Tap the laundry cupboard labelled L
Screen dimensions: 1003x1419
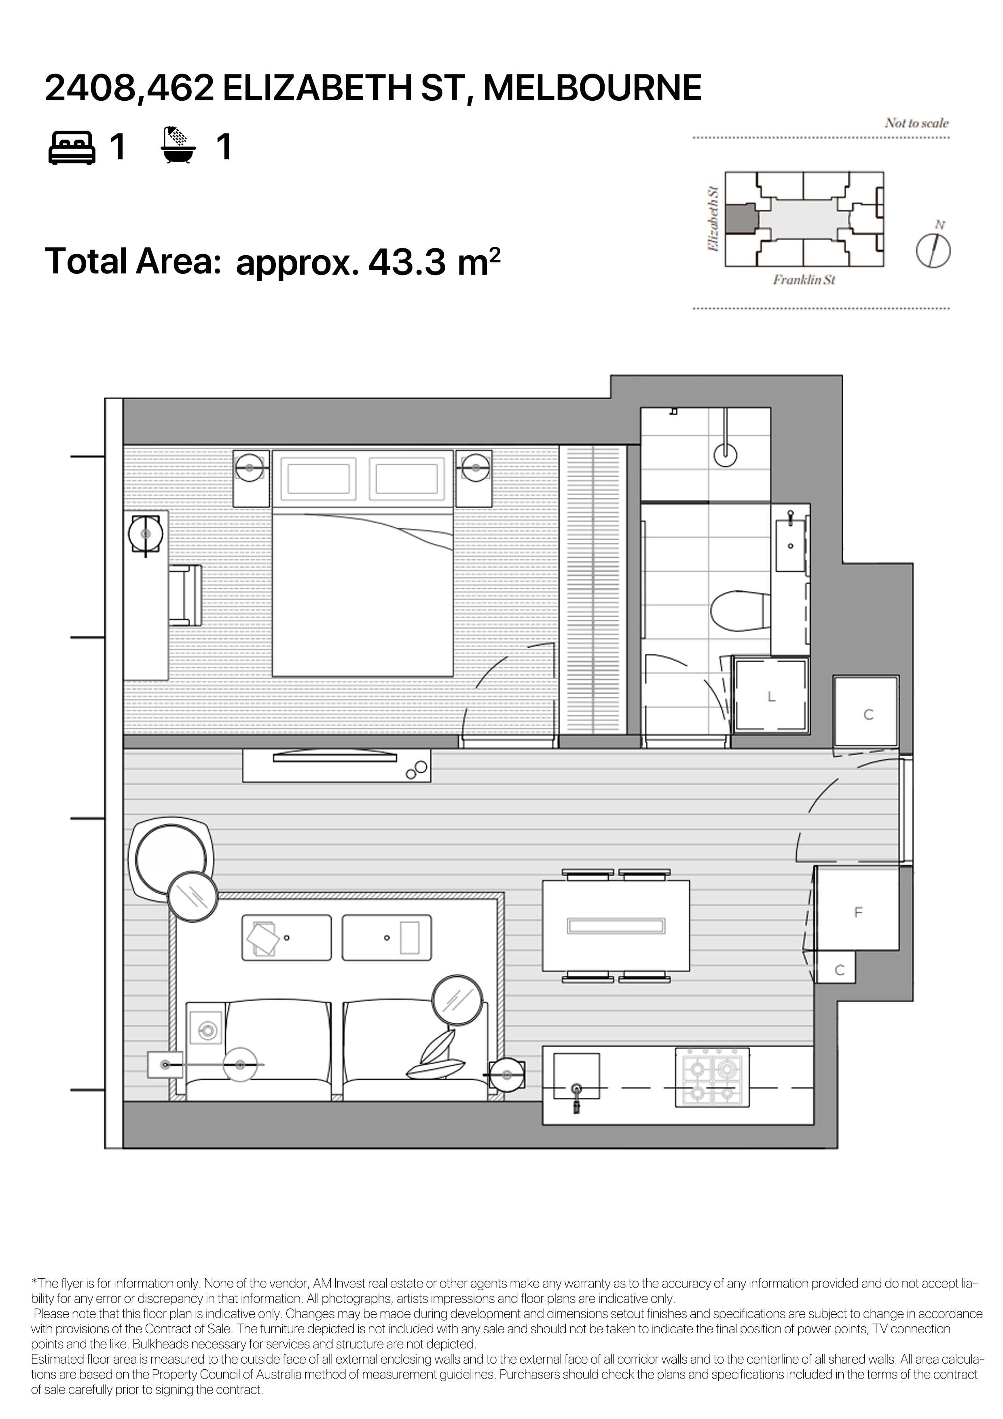(x=770, y=695)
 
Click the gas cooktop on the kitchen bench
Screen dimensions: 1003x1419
(x=712, y=1077)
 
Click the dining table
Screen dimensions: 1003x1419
(x=616, y=926)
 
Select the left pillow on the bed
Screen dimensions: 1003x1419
(x=319, y=479)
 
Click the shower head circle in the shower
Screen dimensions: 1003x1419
(x=725, y=455)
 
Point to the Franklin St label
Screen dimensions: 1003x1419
(x=804, y=280)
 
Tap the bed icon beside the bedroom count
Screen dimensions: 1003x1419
(x=72, y=147)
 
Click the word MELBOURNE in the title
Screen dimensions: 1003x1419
(x=592, y=88)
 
